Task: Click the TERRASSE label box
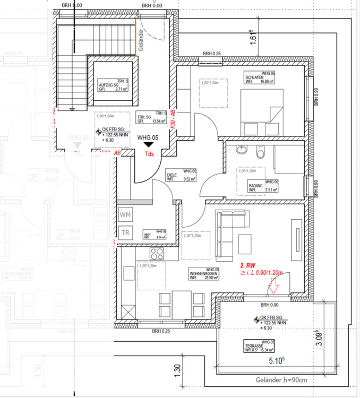coord(259,346)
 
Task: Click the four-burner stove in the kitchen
coord(157,252)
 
